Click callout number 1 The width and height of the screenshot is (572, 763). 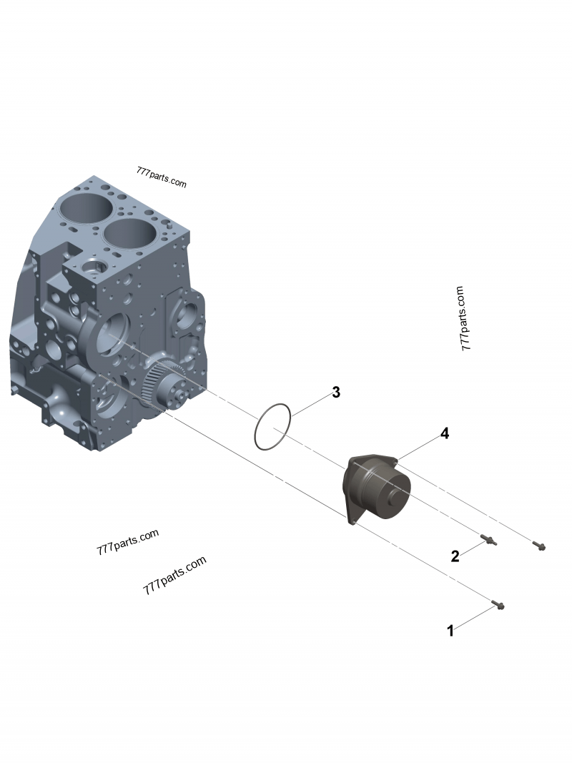pos(450,631)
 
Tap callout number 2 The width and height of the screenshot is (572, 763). pos(455,556)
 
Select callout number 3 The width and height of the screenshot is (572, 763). pos(336,393)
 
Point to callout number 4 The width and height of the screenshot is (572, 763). pos(444,433)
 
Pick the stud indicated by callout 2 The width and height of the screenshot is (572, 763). pos(488,540)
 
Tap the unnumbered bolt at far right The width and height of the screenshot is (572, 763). pos(539,546)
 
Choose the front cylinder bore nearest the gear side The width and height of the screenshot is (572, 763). pos(131,233)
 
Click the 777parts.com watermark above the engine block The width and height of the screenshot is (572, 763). pos(161,177)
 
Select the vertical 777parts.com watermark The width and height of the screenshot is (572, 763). pos(463,318)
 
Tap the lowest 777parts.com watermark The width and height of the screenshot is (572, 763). pos(174,576)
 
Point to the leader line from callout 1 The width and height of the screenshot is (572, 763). pos(473,619)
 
